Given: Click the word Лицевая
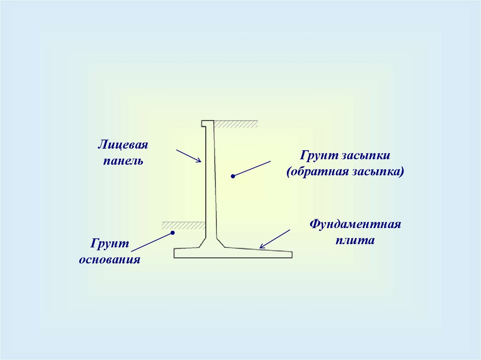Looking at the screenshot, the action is [x=123, y=145].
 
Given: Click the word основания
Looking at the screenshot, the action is [x=110, y=260].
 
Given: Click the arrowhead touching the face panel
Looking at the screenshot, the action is [x=199, y=161].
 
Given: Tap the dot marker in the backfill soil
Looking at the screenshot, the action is [x=232, y=176].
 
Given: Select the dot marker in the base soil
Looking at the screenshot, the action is [x=172, y=232].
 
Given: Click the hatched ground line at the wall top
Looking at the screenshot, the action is [x=236, y=124].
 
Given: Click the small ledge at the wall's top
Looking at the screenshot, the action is [x=207, y=123].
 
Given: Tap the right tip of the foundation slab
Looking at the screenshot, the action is [x=291, y=255].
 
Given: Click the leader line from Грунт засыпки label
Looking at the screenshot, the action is [x=252, y=169].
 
